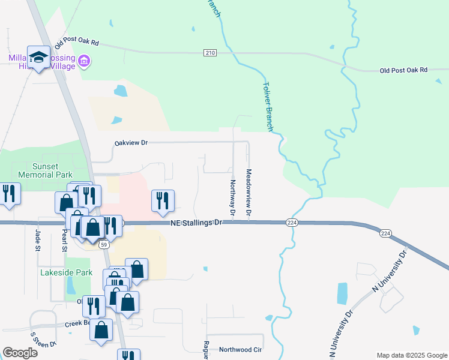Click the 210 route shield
tap(209, 53)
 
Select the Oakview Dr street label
tap(131, 143)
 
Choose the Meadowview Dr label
tap(248, 192)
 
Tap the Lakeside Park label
tap(66, 272)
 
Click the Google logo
tap(20, 353)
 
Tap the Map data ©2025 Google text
tap(411, 355)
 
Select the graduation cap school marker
tap(39, 58)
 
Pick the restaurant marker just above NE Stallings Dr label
tap(161, 202)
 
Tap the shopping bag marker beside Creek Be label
tap(102, 330)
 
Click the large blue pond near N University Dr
tap(342, 293)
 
